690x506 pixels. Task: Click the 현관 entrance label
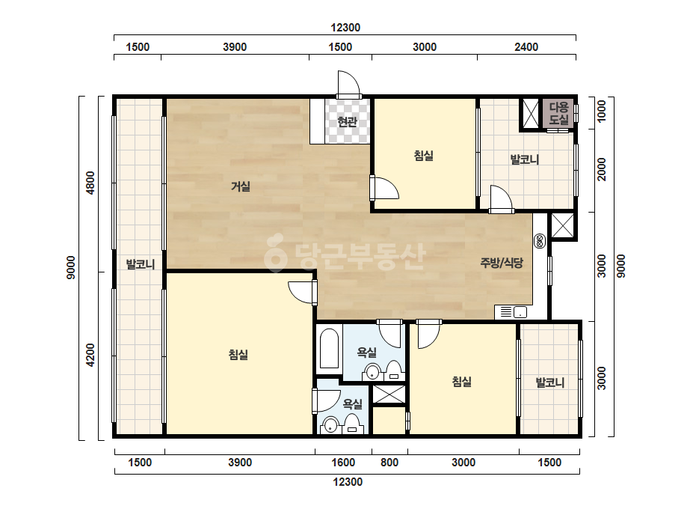point(347,121)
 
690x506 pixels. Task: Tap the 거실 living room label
point(241,186)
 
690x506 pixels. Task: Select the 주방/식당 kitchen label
point(502,263)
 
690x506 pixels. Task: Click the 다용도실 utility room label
point(559,113)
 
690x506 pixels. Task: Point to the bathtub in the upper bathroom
point(329,349)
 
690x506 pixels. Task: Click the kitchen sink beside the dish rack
point(520,312)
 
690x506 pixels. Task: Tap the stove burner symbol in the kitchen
point(540,241)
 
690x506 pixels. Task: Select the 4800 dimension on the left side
point(90,183)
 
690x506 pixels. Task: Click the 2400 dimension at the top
point(526,46)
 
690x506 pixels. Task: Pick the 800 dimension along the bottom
point(389,463)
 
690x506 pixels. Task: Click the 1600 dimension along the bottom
point(343,463)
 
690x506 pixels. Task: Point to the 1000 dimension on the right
point(601,111)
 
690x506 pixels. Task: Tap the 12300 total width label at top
point(345,28)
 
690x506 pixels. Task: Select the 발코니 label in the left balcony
point(141,264)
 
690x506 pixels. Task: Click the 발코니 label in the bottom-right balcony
point(550,382)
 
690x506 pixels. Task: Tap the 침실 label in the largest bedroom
point(238,354)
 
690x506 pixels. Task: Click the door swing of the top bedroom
point(384,188)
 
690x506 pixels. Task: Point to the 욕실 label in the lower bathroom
point(353,403)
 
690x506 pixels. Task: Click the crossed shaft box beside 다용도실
point(530,113)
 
